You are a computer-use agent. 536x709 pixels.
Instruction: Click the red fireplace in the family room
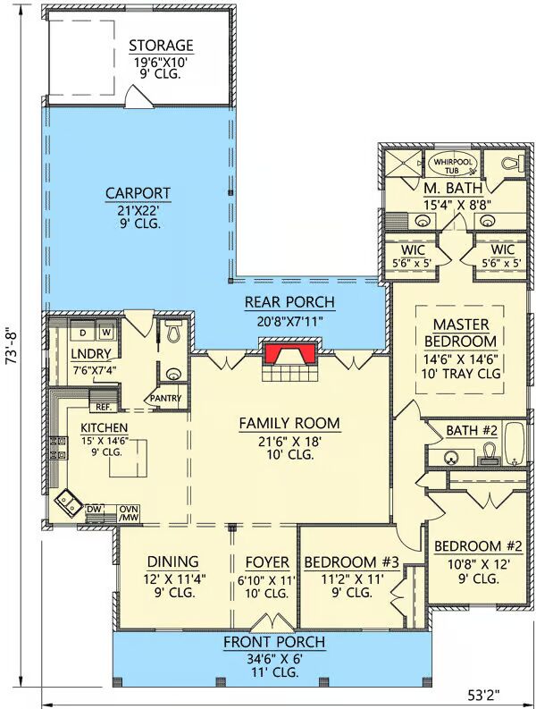(x=289, y=353)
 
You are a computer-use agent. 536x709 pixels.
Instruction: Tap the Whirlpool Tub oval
(x=452, y=165)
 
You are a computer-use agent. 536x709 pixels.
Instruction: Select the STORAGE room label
(x=161, y=46)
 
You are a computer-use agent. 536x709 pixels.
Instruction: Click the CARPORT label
(x=138, y=193)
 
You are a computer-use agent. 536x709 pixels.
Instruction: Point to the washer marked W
(x=106, y=333)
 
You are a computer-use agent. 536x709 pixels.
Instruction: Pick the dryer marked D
(x=83, y=333)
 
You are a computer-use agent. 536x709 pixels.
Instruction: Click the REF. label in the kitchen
(x=104, y=407)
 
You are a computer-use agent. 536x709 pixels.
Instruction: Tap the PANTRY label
(x=165, y=399)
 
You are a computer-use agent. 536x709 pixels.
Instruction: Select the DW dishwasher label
(x=93, y=509)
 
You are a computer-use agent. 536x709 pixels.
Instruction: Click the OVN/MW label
(x=129, y=513)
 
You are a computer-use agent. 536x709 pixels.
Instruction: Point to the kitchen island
(x=128, y=458)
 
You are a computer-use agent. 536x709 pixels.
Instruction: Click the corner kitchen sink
(x=68, y=502)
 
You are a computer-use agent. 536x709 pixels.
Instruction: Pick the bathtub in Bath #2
(x=514, y=444)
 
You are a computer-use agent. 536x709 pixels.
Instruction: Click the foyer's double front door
(x=273, y=621)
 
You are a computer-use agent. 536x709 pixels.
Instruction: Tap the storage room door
(x=139, y=97)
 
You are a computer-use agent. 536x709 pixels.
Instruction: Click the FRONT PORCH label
(x=274, y=642)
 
